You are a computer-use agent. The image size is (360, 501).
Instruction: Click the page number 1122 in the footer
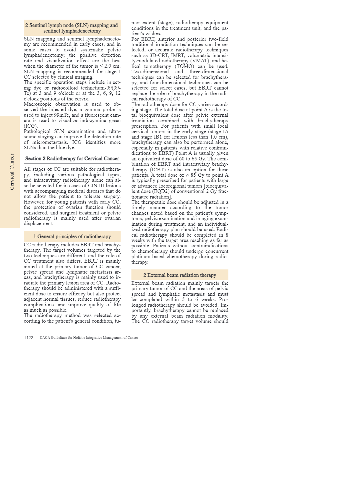coord(28,338)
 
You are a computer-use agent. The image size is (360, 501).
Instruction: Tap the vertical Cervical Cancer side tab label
coord(12,172)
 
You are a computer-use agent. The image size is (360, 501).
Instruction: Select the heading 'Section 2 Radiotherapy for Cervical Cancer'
coord(72,158)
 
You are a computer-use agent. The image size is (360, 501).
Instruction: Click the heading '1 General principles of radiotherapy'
coord(72,236)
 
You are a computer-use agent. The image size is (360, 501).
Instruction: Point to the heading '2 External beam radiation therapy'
coord(180,275)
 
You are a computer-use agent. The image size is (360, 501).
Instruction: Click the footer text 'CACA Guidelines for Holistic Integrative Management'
coord(89,338)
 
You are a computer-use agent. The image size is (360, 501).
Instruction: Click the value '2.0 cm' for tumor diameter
coord(112,66)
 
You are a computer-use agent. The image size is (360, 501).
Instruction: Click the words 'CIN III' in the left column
coord(97,186)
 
